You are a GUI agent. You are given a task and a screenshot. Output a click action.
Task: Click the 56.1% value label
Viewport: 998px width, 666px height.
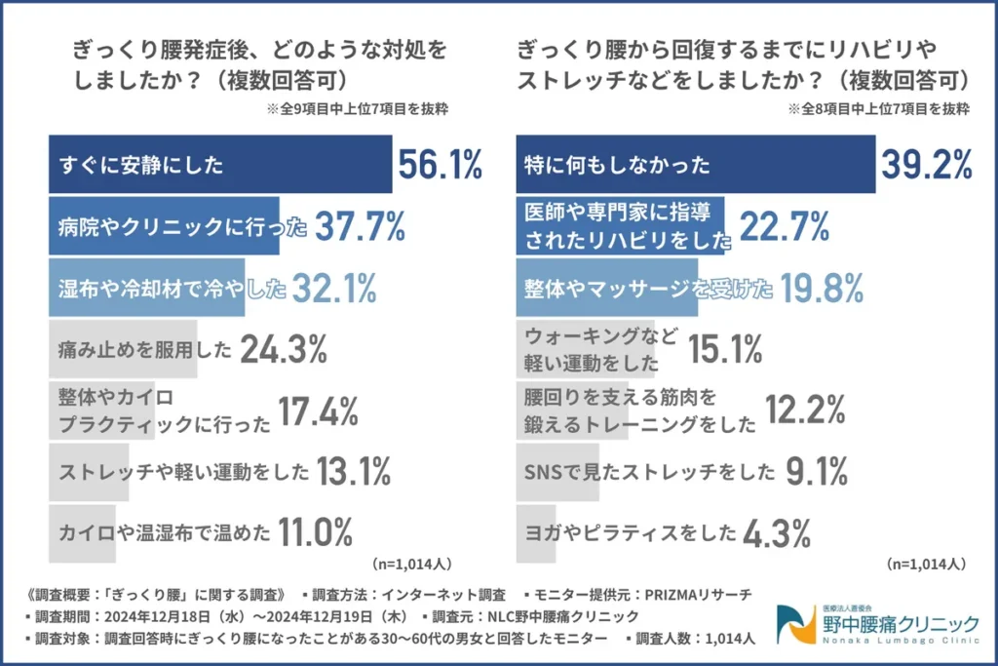(x=440, y=166)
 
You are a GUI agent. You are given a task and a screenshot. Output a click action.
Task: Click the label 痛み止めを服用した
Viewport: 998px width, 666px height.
(x=143, y=349)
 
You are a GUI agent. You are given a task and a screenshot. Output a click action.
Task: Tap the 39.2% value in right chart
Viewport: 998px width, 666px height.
(x=927, y=165)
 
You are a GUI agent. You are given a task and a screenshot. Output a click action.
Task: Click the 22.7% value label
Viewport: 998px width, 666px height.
(x=785, y=227)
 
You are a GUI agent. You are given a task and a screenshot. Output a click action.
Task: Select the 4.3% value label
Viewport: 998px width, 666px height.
(x=776, y=533)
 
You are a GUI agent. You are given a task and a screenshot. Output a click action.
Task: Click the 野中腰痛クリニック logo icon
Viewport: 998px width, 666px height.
(x=792, y=621)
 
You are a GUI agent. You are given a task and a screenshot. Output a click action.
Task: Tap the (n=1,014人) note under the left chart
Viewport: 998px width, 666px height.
(x=411, y=564)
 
